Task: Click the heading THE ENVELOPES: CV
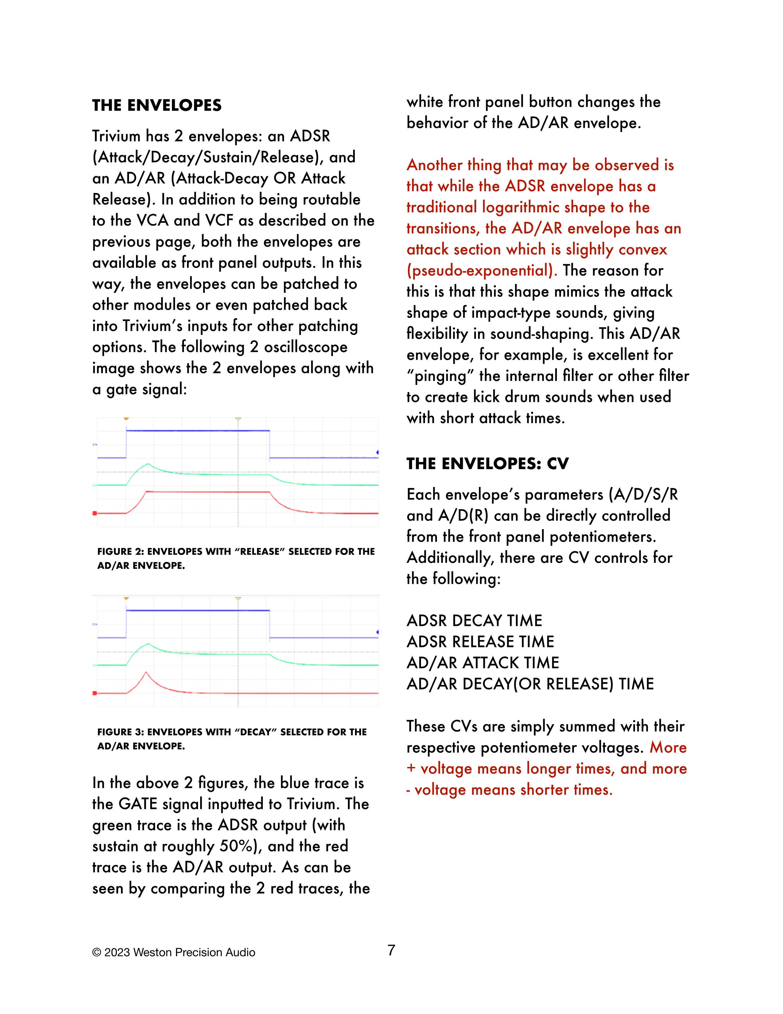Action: pyautogui.click(x=487, y=463)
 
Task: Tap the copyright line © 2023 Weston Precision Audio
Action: pyautogui.click(x=173, y=952)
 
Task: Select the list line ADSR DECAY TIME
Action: pyautogui.click(x=474, y=620)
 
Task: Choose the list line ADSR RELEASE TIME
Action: pyautogui.click(x=480, y=641)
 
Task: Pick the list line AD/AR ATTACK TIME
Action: pyautogui.click(x=482, y=662)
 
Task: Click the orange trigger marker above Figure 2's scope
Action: pyautogui.click(x=126, y=419)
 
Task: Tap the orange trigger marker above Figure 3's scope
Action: pyautogui.click(x=126, y=599)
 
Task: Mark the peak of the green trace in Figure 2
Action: pyautogui.click(x=148, y=464)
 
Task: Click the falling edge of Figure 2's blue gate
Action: pyautogui.click(x=270, y=444)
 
